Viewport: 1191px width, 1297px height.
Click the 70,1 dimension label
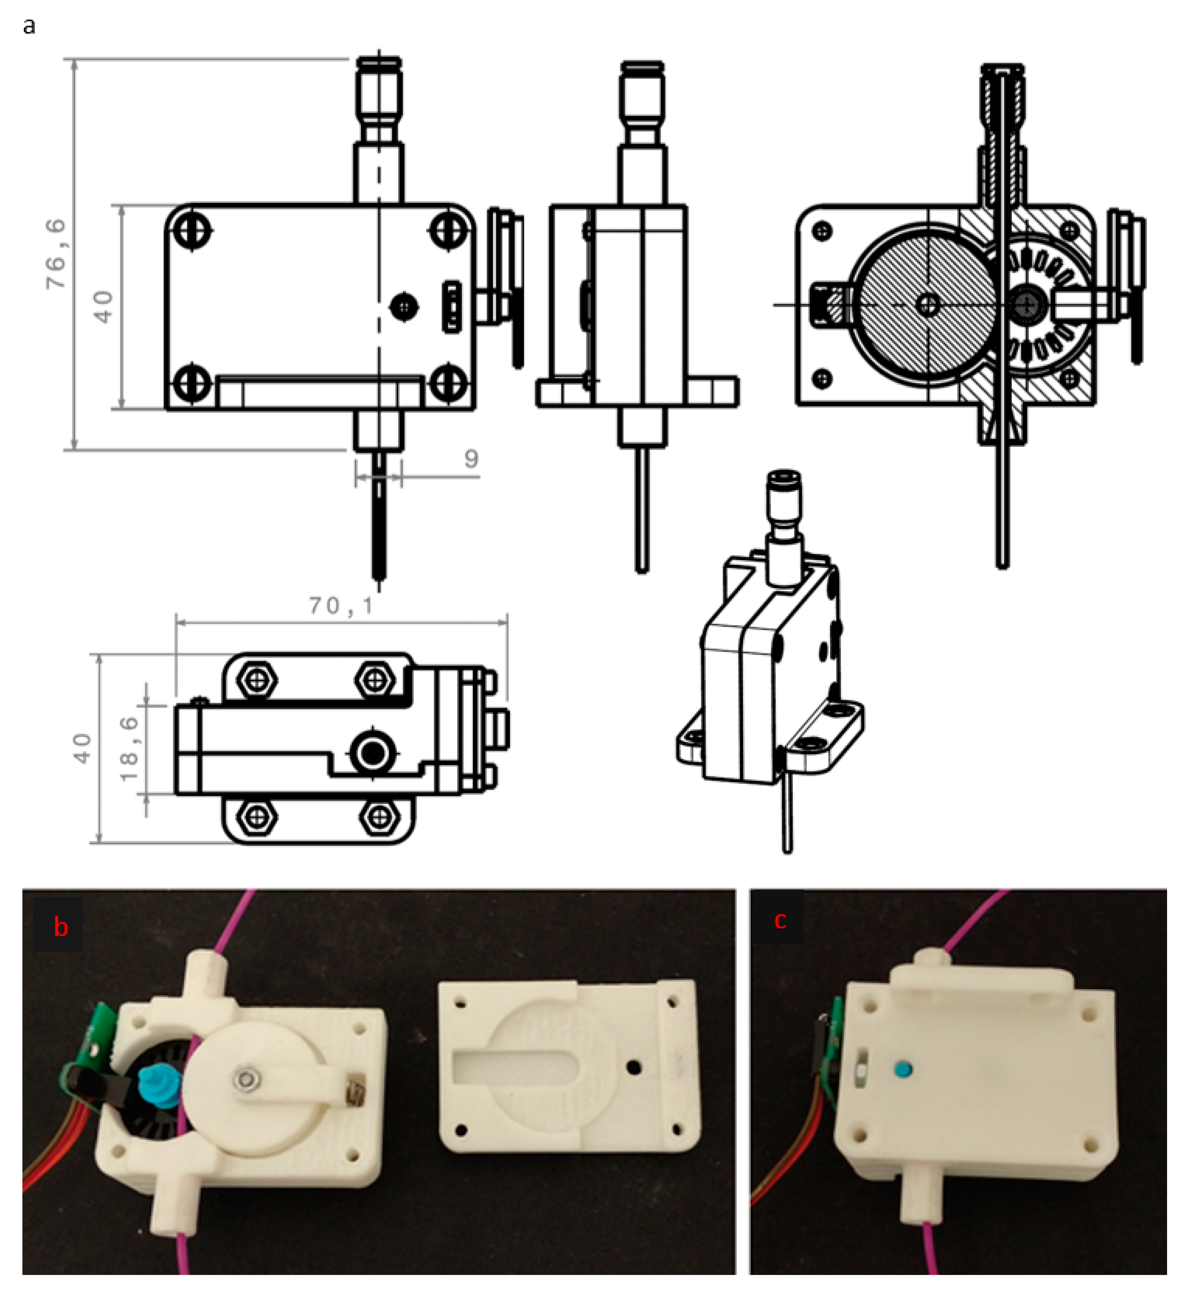pos(340,606)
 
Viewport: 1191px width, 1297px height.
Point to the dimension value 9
pos(471,459)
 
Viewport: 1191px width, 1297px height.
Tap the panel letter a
pos(28,27)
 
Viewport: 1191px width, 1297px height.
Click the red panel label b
pos(60,928)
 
